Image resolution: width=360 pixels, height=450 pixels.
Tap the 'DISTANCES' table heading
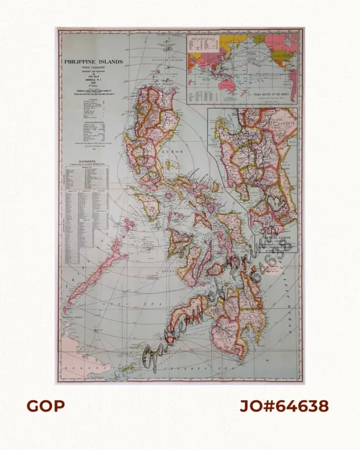point(89,160)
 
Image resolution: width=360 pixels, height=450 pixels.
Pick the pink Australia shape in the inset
point(226,85)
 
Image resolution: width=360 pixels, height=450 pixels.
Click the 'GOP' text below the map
point(45,406)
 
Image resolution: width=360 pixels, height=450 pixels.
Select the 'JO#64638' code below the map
point(284,406)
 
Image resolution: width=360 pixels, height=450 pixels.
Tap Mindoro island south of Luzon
point(152,208)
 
